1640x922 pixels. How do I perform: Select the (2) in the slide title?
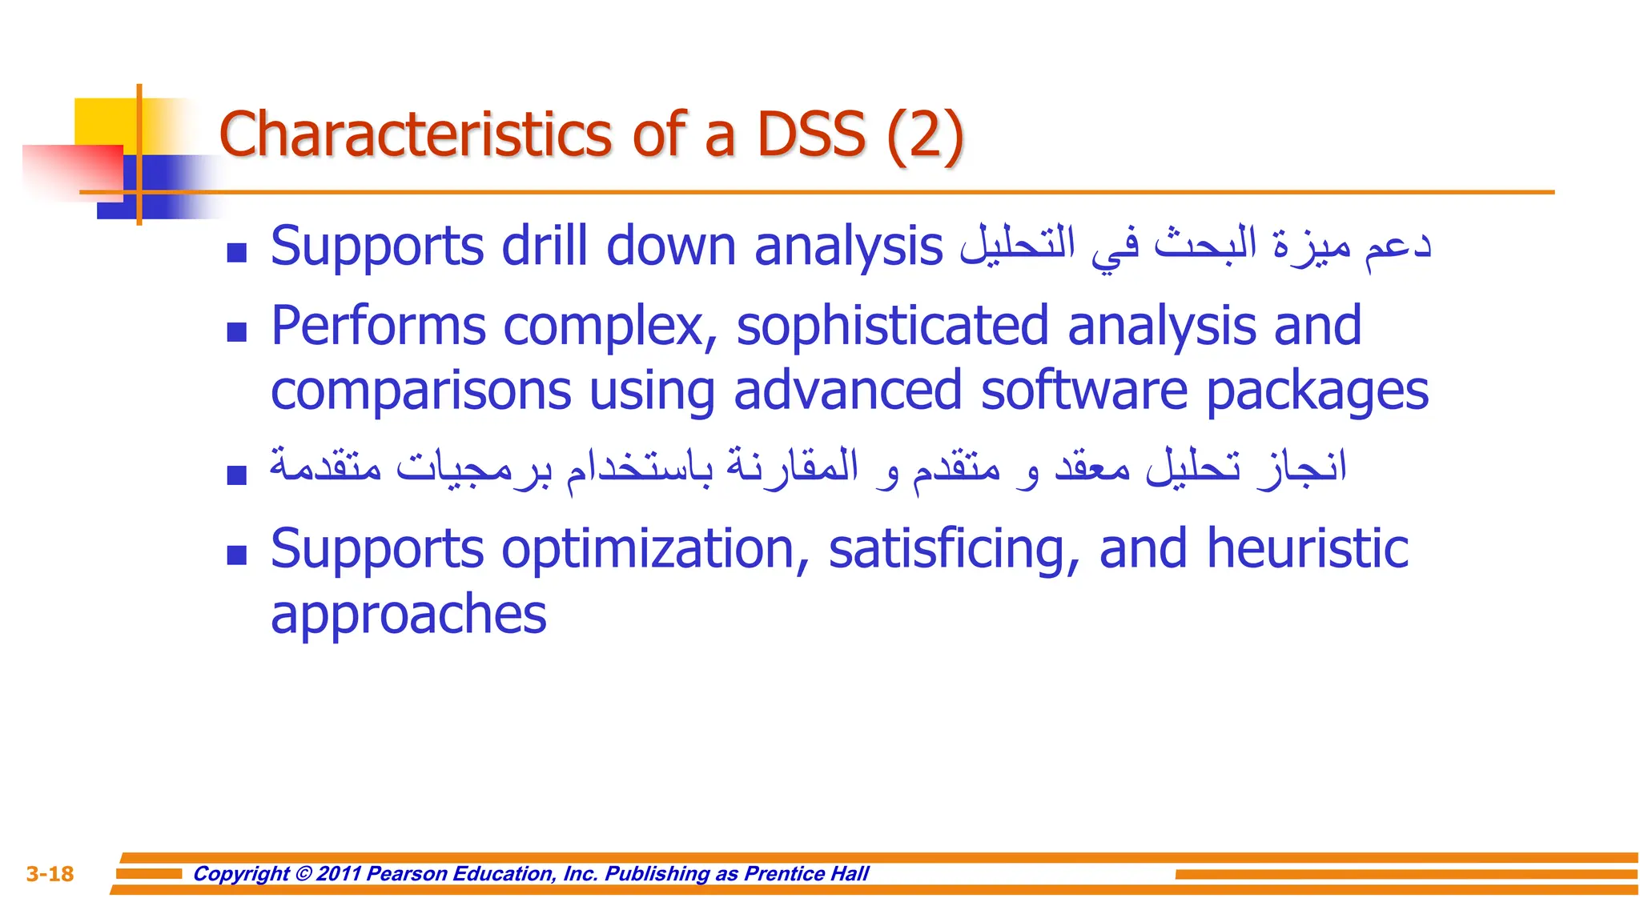pos(925,135)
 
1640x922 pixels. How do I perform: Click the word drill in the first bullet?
pos(545,246)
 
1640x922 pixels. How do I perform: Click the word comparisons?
pos(420,391)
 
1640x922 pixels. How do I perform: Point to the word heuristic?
pos(1307,549)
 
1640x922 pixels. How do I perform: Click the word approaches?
pos(408,615)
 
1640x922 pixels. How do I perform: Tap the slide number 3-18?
pos(50,874)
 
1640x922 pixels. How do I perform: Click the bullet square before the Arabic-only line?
pos(236,475)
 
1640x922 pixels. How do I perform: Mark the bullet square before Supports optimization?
pos(236,555)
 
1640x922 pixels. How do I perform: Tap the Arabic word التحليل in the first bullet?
pos(1017,245)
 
